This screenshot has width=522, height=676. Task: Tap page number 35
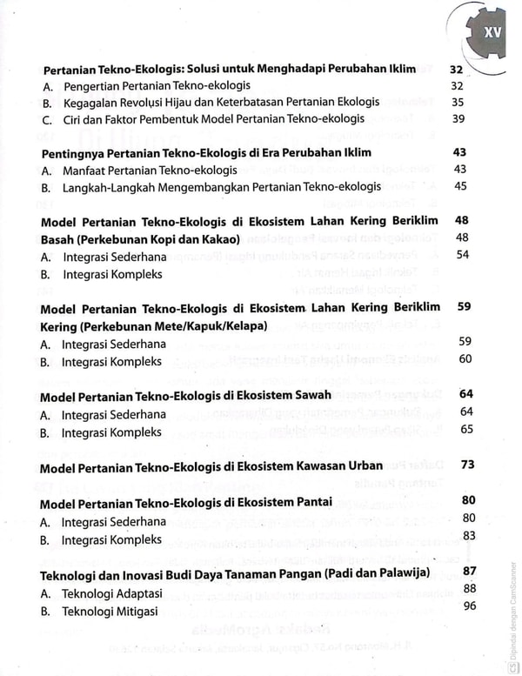click(x=458, y=103)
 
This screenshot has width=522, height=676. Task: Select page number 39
click(x=458, y=119)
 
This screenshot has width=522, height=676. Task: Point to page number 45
click(x=460, y=185)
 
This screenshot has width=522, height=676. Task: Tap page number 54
click(x=462, y=254)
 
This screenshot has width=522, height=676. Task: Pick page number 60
click(x=465, y=358)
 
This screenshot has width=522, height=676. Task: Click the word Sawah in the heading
click(x=308, y=396)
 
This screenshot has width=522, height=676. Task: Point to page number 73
click(x=467, y=465)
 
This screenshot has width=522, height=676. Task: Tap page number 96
click(x=470, y=606)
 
